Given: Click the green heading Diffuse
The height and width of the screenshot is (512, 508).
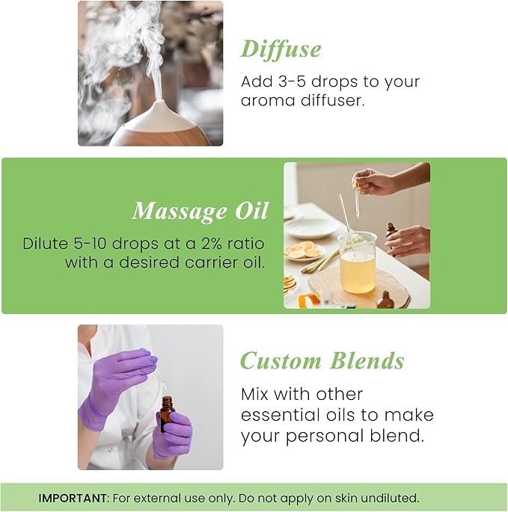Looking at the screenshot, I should click(x=281, y=49).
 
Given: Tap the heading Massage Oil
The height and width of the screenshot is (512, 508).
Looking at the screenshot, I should click(x=200, y=212).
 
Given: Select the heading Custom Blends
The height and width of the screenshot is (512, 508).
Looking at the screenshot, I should click(x=322, y=361).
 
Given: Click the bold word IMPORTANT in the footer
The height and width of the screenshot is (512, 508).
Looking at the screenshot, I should click(x=72, y=498).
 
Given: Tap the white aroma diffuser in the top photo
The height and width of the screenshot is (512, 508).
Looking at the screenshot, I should click(x=160, y=125).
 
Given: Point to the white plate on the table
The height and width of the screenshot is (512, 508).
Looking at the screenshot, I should click(x=312, y=227).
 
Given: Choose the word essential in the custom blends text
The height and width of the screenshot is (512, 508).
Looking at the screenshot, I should click(x=278, y=415).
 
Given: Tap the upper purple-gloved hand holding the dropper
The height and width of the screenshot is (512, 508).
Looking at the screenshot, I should click(x=120, y=370).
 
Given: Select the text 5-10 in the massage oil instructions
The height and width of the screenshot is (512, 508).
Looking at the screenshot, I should click(x=88, y=244).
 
